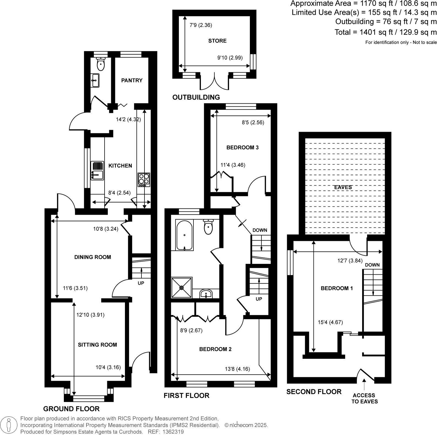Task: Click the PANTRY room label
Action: coord(132,80)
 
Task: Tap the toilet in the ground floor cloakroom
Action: coord(101,65)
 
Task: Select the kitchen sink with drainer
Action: coord(97,170)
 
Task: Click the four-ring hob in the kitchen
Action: coord(144,179)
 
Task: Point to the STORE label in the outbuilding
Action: coord(217,41)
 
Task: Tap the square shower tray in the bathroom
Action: coord(182,288)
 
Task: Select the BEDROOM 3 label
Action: coord(242,147)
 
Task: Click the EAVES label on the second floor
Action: coord(343,187)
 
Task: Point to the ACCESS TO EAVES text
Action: coord(364,398)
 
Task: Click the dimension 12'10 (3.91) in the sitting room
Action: coord(91,315)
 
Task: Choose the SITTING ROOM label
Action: coord(97,345)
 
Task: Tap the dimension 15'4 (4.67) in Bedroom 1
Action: coord(330,322)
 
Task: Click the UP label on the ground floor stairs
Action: coord(141,283)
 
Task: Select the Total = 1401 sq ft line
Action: coord(386,32)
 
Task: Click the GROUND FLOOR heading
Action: coord(71,409)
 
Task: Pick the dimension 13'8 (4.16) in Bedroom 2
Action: coord(237,369)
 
